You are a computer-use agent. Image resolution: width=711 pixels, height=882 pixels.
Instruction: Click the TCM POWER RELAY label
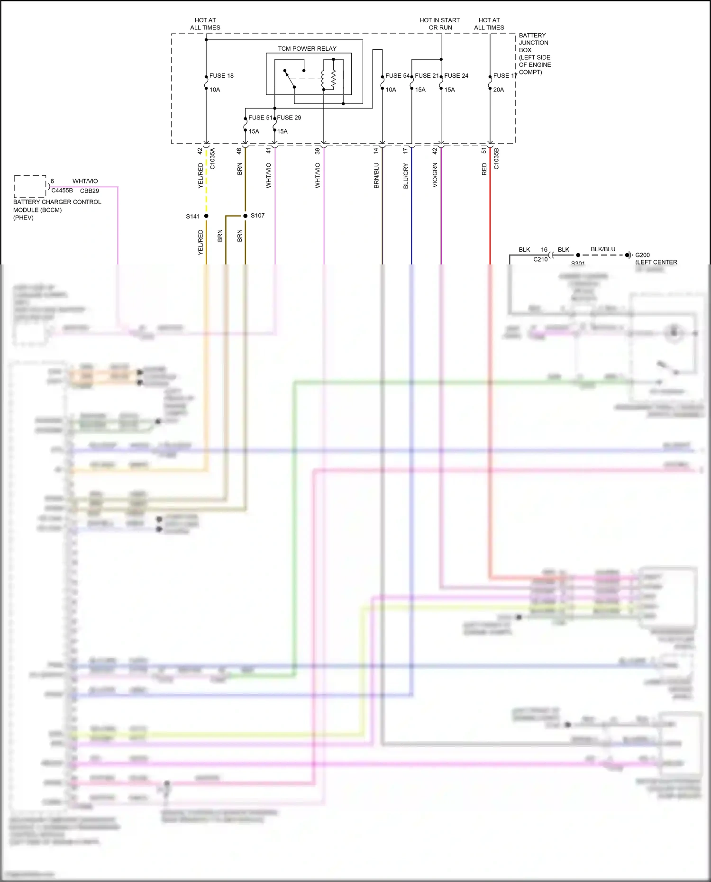[x=307, y=48]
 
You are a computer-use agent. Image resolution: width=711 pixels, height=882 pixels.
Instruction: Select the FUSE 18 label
[x=221, y=76]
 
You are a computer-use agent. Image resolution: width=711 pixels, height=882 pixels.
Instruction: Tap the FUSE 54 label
[x=397, y=76]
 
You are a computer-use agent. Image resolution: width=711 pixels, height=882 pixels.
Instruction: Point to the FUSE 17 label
[x=505, y=76]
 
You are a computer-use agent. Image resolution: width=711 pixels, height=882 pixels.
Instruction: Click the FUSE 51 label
[x=260, y=118]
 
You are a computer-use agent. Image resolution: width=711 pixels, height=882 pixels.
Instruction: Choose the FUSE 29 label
[x=289, y=118]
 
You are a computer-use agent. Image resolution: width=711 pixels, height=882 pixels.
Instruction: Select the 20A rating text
[x=499, y=90]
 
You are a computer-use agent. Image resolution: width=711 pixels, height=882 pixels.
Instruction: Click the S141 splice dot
[x=206, y=216]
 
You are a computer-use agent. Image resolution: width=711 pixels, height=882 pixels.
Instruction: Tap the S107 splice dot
[x=246, y=216]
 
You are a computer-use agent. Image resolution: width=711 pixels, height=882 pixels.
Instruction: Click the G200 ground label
[x=642, y=255]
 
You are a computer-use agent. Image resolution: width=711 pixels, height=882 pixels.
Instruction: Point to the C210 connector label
[x=540, y=259]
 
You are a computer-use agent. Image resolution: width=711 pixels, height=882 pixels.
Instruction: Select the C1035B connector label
[x=496, y=158]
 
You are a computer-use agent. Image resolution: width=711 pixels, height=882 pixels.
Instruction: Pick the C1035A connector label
[x=212, y=158]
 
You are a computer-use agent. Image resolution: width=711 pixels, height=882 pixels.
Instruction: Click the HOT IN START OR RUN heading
[x=440, y=24]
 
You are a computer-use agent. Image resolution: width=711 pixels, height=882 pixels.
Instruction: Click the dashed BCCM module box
[x=30, y=186]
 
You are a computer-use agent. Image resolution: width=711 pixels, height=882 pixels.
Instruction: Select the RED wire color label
[x=484, y=169]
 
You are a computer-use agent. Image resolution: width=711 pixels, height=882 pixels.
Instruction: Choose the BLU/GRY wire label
[x=406, y=176]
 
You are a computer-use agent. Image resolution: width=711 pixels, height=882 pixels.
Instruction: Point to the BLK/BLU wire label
[x=603, y=249]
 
